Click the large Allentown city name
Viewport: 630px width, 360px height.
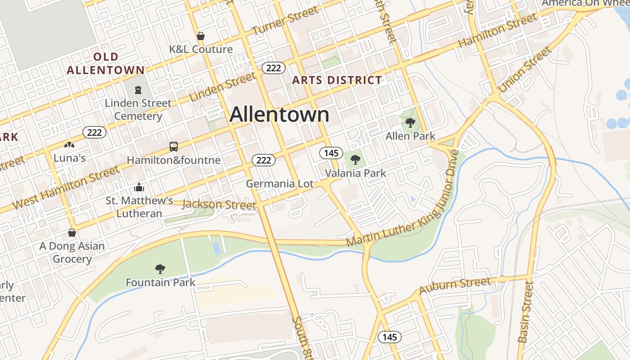[279, 115]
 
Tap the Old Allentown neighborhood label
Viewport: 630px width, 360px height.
[106, 63]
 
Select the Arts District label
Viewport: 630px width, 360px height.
[337, 81]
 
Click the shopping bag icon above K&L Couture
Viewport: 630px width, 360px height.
[201, 36]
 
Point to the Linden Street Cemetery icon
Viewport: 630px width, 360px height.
[137, 90]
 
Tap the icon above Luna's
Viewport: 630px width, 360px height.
[69, 145]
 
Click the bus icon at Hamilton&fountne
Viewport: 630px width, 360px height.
[174, 147]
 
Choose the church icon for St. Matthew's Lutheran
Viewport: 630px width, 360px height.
[139, 187]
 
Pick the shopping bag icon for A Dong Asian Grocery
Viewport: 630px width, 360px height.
[72, 233]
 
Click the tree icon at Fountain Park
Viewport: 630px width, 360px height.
[160, 269]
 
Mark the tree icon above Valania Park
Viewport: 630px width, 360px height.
[355, 159]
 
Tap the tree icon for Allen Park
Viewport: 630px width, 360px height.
[410, 122]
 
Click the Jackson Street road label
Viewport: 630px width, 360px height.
[219, 205]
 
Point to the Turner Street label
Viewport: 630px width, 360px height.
[285, 21]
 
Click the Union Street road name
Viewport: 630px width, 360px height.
[525, 70]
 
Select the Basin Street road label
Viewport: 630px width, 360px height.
[526, 312]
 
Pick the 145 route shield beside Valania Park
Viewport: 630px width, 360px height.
[331, 153]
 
